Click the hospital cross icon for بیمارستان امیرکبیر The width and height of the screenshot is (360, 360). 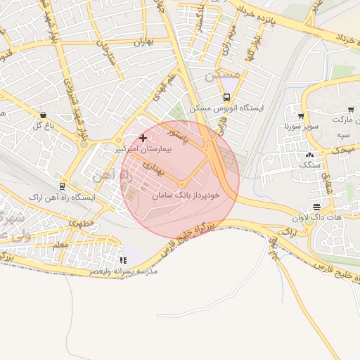pos(143,138)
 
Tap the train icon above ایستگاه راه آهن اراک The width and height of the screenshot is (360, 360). pos(63,186)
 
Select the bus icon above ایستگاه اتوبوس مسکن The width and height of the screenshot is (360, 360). pos(226,98)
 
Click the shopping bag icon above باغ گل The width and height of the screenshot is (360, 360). pos(44,115)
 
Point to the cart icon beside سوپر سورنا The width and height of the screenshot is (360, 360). pos(301,116)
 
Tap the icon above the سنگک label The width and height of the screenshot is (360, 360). pos(309,155)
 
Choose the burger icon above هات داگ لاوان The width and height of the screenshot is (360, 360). pos(317,207)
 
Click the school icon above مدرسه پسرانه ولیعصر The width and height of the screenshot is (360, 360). pos(124,260)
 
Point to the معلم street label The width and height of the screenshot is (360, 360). pos(60,244)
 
